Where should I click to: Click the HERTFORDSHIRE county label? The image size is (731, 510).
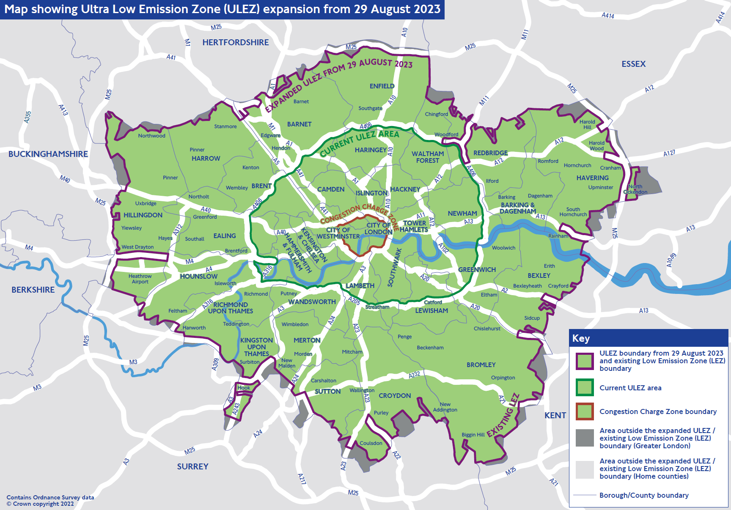click(235, 42)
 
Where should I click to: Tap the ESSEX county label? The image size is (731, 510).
click(633, 64)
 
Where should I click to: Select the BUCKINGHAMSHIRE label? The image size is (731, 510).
click(48, 154)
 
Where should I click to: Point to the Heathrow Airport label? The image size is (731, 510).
click(140, 279)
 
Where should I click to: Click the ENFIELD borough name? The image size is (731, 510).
click(382, 86)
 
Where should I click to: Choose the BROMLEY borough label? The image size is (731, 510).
click(481, 365)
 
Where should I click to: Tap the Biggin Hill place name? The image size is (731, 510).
click(473, 435)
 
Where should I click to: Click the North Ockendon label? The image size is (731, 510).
click(635, 189)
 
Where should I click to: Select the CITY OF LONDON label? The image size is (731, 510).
click(378, 228)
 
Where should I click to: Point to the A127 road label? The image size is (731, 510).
click(669, 153)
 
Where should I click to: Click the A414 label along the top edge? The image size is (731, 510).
click(608, 15)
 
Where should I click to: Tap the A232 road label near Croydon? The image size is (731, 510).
click(414, 375)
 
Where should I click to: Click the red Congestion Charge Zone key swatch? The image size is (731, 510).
click(585, 411)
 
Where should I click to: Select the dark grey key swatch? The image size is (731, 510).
click(585, 438)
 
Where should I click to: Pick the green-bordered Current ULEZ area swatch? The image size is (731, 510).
click(585, 387)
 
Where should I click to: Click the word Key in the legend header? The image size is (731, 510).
click(581, 338)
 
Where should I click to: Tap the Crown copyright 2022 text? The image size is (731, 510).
click(40, 504)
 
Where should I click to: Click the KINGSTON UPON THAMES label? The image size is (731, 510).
click(256, 347)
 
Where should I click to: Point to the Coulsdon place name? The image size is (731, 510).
click(371, 443)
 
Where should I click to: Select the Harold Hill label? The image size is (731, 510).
click(587, 124)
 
